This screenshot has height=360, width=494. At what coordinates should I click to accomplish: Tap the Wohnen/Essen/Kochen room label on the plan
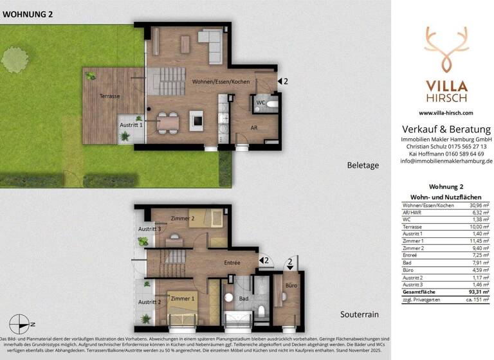pyautogui.click(x=221, y=82)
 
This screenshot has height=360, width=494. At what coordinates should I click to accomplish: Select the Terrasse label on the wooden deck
pyautogui.click(x=109, y=96)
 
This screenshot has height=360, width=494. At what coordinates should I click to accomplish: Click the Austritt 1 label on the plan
pyautogui.click(x=131, y=125)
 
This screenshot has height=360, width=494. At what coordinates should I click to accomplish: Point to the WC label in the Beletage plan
pyautogui.click(x=261, y=102)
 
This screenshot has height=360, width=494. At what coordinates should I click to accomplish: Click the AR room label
pyautogui.click(x=254, y=128)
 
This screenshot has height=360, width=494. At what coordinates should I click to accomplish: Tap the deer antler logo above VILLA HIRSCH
pyautogui.click(x=445, y=48)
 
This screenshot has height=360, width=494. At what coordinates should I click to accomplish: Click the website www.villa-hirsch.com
pyautogui.click(x=446, y=113)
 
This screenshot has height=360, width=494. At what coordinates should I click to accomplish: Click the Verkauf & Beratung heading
pyautogui.click(x=446, y=129)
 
